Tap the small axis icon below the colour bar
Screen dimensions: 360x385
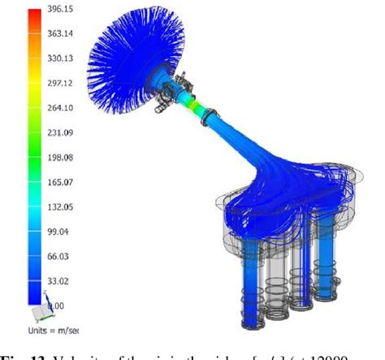(38, 313)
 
